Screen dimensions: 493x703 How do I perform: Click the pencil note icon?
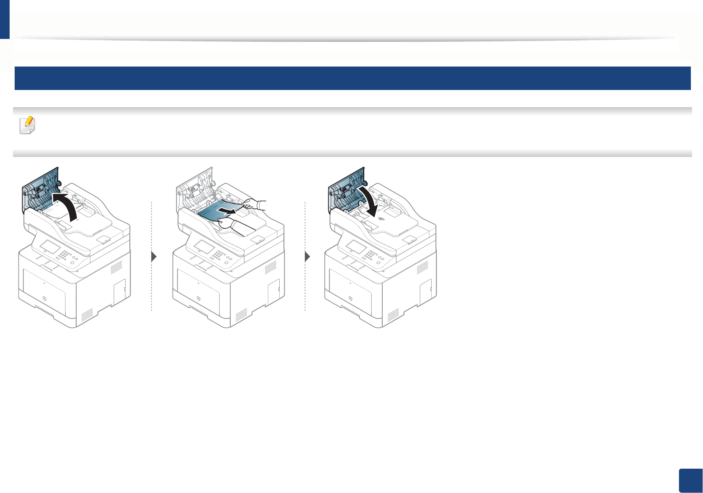pos(28,125)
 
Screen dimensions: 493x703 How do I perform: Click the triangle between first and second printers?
pos(154,257)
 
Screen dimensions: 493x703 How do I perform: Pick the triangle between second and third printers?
pos(308,257)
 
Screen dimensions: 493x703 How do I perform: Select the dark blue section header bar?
pos(352,78)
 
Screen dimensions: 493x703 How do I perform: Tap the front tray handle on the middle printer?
pos(198,299)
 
